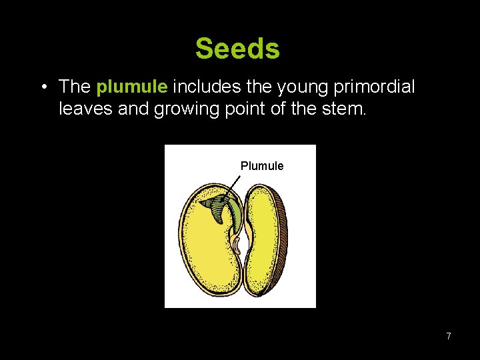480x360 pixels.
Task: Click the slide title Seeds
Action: click(x=237, y=49)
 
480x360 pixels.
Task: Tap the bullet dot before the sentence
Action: click(x=42, y=87)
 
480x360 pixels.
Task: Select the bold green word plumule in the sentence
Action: click(x=133, y=87)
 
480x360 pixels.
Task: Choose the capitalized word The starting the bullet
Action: click(x=75, y=87)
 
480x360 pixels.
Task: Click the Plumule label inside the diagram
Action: click(x=262, y=166)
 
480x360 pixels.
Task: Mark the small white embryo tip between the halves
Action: click(x=238, y=245)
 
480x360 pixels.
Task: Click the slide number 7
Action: click(x=449, y=336)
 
